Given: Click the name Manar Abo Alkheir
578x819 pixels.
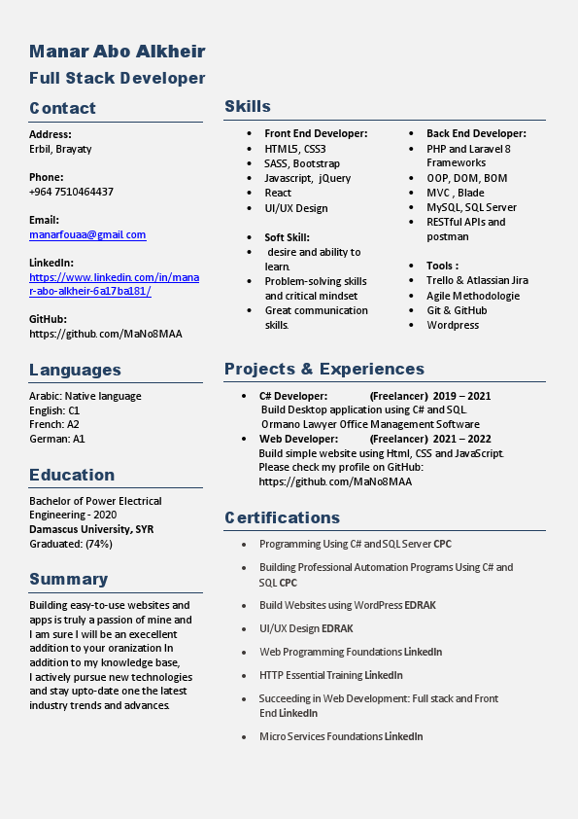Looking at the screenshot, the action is point(117,52).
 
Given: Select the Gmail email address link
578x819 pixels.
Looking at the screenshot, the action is point(87,234).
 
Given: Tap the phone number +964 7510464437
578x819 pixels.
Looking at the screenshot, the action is point(71,192).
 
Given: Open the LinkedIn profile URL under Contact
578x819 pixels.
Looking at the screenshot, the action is point(114,284).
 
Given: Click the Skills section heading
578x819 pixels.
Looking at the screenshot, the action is point(248,106).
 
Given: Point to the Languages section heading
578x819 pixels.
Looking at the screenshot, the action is point(75,370).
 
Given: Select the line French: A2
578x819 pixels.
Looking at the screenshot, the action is point(54,424).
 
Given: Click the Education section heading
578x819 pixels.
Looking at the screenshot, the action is point(72,475).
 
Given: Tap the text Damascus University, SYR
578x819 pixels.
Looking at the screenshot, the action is point(91,529).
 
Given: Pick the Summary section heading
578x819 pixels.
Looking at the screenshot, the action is point(68,580).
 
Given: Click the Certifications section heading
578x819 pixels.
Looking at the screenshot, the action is point(282,517).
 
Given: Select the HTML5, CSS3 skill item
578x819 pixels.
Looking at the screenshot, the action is point(295,149).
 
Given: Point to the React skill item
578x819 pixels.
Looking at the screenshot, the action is point(278,193).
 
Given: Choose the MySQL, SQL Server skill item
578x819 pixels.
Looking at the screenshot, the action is point(471,207).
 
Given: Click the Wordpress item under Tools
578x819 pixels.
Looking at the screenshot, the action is point(453,325).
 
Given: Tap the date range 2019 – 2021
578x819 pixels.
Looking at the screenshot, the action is point(461,396).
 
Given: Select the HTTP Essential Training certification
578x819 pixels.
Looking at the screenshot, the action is point(330,675).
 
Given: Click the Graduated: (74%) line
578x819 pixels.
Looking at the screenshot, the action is point(71,544).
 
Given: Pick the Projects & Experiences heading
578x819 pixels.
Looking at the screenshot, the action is point(324,369).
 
